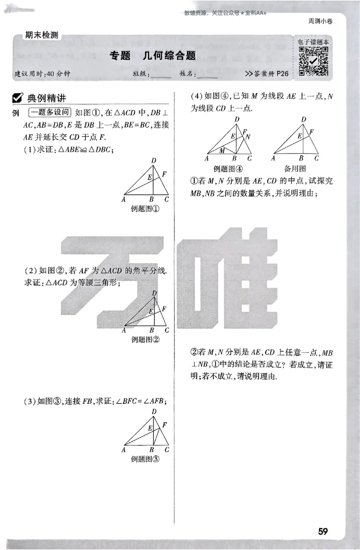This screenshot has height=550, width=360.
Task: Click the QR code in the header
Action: tap(314, 60)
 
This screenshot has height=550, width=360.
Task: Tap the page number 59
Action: tap(323, 531)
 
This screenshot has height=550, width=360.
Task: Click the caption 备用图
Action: tap(295, 168)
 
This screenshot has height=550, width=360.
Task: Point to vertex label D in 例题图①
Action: tap(154, 161)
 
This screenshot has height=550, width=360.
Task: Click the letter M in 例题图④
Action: tap(222, 151)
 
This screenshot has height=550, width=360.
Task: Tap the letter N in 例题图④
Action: tap(248, 136)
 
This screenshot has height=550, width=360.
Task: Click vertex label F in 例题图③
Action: tap(164, 424)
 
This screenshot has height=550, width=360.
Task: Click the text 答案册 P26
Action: tap(268, 74)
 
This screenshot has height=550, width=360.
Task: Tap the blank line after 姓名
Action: tap(208, 76)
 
